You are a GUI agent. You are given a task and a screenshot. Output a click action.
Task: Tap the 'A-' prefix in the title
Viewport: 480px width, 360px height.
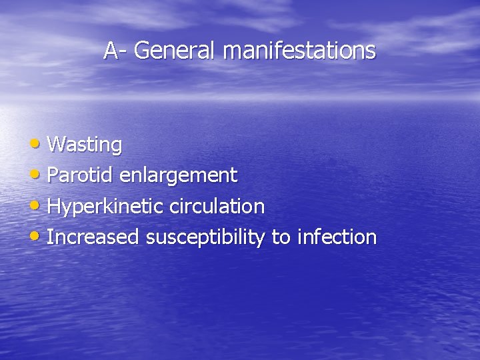tap(115, 50)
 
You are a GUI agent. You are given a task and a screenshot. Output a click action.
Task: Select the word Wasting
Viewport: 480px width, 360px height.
tap(85, 145)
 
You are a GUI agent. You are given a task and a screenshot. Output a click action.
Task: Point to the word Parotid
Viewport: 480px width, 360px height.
tap(81, 175)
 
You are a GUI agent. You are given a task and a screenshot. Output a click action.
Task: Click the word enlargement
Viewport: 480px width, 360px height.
tap(178, 176)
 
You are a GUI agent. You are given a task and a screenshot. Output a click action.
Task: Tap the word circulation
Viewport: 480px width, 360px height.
tap(217, 206)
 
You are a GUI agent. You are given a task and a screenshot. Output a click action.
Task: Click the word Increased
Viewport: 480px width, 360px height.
tap(93, 237)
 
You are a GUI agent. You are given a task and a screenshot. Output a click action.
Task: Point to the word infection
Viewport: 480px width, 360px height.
tap(337, 237)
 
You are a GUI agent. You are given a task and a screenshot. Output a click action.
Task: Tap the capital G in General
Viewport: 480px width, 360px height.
tap(142, 50)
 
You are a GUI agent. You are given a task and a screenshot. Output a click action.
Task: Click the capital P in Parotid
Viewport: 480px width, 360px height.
tap(53, 175)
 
